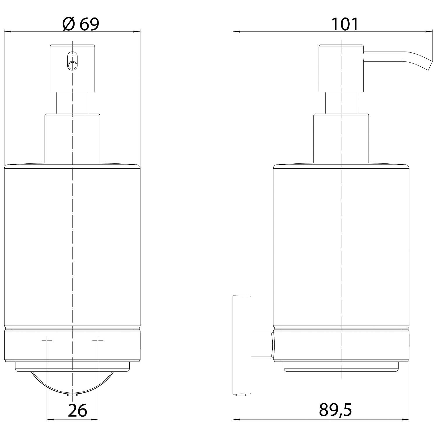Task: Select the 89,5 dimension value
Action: pyautogui.click(x=336, y=410)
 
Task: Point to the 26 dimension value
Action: pyautogui.click(x=77, y=410)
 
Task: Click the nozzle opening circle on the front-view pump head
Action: pyautogui.click(x=72, y=66)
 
